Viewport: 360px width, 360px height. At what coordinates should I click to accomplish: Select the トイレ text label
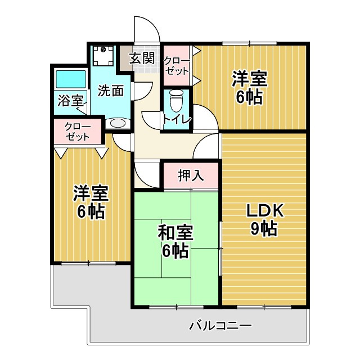coord(177,119)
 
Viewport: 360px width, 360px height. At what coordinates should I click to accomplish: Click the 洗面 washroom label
coord(110,90)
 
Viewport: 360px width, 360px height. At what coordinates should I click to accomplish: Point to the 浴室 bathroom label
coord(70,101)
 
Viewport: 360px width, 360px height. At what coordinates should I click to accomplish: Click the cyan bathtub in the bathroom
coord(70,79)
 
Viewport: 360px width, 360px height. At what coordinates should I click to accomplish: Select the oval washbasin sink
coord(118,123)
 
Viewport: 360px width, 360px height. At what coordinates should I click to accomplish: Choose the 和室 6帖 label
coord(175,241)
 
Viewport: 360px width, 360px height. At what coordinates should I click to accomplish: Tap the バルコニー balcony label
coord(220,325)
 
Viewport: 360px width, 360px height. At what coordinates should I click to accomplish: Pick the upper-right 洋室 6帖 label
coord(249,87)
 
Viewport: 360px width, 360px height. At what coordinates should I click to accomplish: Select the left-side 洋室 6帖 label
coord(90,202)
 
